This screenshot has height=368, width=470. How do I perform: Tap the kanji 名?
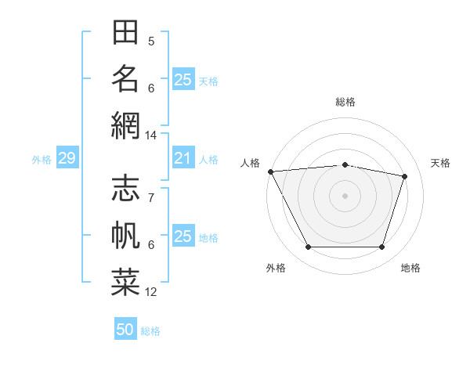[125, 78]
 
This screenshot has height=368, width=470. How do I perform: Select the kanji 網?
[125, 125]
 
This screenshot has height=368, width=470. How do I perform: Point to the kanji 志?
[125, 189]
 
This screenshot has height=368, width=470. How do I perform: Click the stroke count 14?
[151, 135]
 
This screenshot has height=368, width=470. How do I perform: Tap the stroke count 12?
[151, 292]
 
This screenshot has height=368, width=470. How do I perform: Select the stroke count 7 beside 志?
[151, 198]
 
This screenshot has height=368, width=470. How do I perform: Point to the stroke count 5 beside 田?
[151, 41]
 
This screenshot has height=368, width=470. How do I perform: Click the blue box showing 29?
[67, 159]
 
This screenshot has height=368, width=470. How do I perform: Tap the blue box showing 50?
[125, 330]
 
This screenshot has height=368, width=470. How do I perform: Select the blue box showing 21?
[183, 159]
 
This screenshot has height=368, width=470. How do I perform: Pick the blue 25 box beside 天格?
[183, 80]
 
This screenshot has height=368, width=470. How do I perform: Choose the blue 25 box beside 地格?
[183, 236]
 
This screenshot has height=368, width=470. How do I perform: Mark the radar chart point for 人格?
[270, 171]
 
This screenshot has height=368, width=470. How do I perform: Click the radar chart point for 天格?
[404, 176]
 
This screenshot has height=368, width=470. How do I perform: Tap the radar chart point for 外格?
[308, 247]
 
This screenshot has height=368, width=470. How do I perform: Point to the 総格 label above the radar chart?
[345, 102]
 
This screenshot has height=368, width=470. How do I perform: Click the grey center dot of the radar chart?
[345, 196]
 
